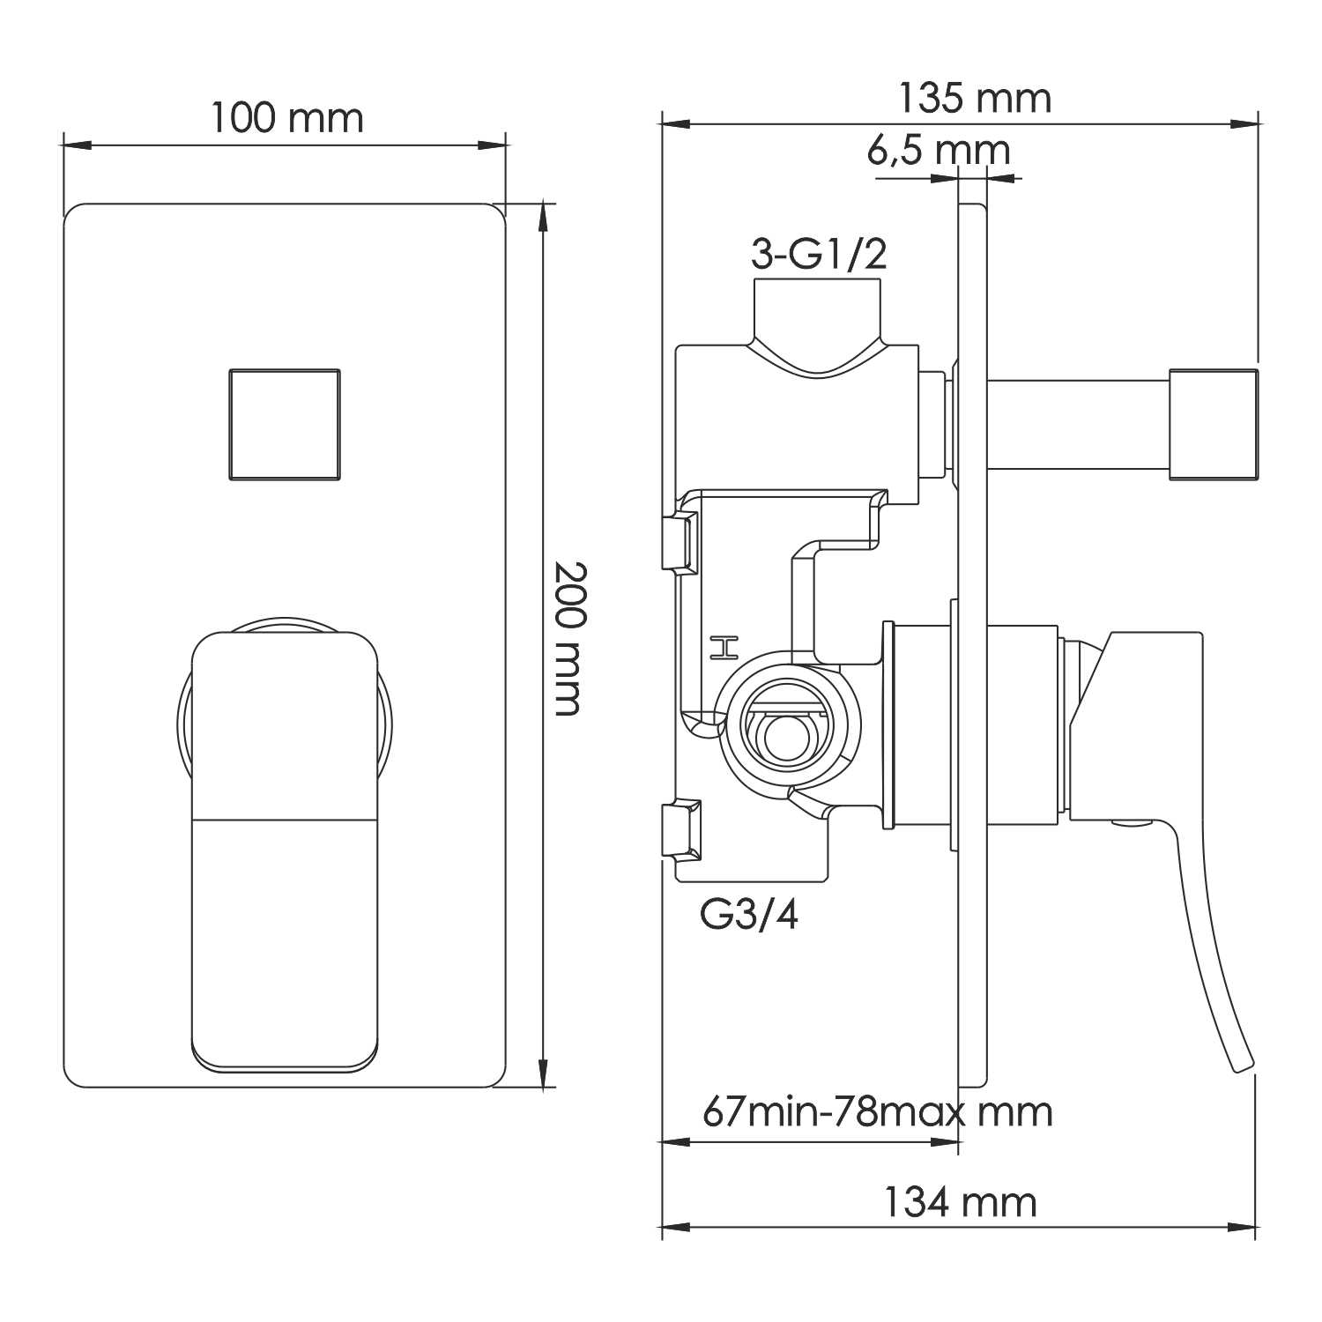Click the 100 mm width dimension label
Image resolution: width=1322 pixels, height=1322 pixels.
(286, 118)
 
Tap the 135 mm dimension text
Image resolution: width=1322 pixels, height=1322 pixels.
(974, 98)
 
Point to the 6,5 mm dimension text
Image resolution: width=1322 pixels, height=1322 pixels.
(938, 150)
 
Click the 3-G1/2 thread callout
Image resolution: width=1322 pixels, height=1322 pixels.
(818, 255)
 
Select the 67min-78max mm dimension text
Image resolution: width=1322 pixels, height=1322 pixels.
(877, 1112)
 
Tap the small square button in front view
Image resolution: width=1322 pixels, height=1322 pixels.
(284, 425)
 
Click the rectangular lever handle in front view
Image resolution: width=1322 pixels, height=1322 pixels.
(285, 850)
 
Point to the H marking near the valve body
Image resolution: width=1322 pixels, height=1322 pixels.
(724, 648)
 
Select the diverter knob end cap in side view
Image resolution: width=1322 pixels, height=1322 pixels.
(1212, 425)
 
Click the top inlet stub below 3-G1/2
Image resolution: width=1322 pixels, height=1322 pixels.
(817, 313)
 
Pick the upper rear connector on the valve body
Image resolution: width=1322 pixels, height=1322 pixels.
(680, 542)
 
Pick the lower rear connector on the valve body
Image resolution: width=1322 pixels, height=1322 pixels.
(681, 828)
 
